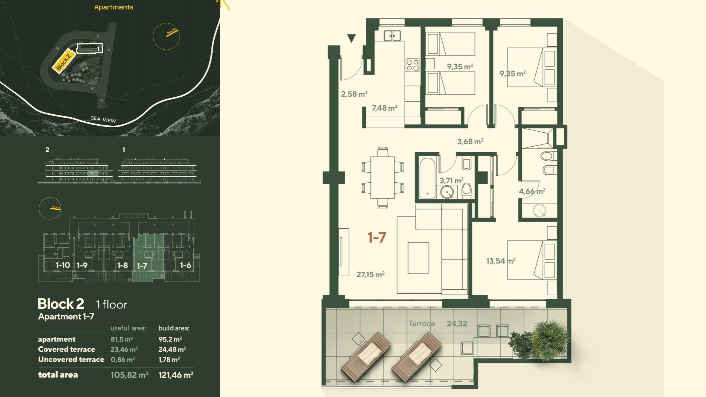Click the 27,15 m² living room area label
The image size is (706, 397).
(x=371, y=275)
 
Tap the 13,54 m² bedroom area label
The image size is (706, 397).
(x=501, y=261)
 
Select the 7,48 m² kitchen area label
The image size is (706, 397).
(x=385, y=108)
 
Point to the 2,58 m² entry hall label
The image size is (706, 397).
(x=354, y=94)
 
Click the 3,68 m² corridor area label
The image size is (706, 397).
(x=470, y=142)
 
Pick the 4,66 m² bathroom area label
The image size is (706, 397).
(x=532, y=192)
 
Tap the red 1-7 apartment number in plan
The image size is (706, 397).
(x=377, y=237)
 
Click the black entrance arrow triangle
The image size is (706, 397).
(x=352, y=38)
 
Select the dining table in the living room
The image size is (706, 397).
(x=382, y=178)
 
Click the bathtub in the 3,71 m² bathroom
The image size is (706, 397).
(x=427, y=178)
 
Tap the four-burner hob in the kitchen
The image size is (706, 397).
(x=413, y=65)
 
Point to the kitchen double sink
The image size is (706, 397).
(x=392, y=36)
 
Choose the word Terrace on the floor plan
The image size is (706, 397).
(x=422, y=324)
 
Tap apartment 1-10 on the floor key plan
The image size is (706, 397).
(x=63, y=265)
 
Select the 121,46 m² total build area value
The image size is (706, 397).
(x=176, y=375)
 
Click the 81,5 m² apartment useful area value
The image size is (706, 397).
(x=122, y=339)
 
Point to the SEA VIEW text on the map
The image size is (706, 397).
(x=103, y=119)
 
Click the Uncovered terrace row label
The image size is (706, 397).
(x=71, y=360)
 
